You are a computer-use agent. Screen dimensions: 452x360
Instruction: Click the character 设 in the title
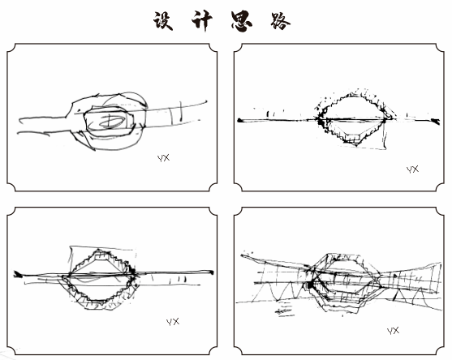pos(163,20)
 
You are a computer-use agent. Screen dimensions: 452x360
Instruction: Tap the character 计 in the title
pos(202,20)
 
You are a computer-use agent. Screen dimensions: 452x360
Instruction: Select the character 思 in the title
pos(242,21)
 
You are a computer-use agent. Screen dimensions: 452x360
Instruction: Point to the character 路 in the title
pos(280,21)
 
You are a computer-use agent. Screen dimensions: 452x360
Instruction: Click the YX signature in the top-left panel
pos(163,158)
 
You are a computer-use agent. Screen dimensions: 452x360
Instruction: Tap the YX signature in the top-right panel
pos(412,169)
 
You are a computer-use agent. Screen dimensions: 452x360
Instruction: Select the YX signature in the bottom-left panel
pos(173,322)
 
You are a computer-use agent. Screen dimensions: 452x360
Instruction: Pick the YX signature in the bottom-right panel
pos(394,331)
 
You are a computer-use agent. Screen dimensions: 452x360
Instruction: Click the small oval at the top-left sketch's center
pos(112,122)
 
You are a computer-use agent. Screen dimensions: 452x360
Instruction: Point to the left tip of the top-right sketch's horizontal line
pos(239,120)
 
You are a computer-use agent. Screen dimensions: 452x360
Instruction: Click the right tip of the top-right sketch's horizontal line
pos(438,122)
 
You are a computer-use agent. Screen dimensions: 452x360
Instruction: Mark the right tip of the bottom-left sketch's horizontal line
pos(213,272)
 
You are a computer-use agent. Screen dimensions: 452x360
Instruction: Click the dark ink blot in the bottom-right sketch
pos(310,285)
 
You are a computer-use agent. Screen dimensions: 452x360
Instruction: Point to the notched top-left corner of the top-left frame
pos(11,48)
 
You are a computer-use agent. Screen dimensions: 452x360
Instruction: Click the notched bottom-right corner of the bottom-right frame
pos(440,350)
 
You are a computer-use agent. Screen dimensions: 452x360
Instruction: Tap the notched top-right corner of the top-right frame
pos(440,48)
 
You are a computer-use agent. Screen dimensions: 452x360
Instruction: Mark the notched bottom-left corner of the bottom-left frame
pos(11,350)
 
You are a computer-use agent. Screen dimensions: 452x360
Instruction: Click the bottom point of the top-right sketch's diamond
pos(357,144)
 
